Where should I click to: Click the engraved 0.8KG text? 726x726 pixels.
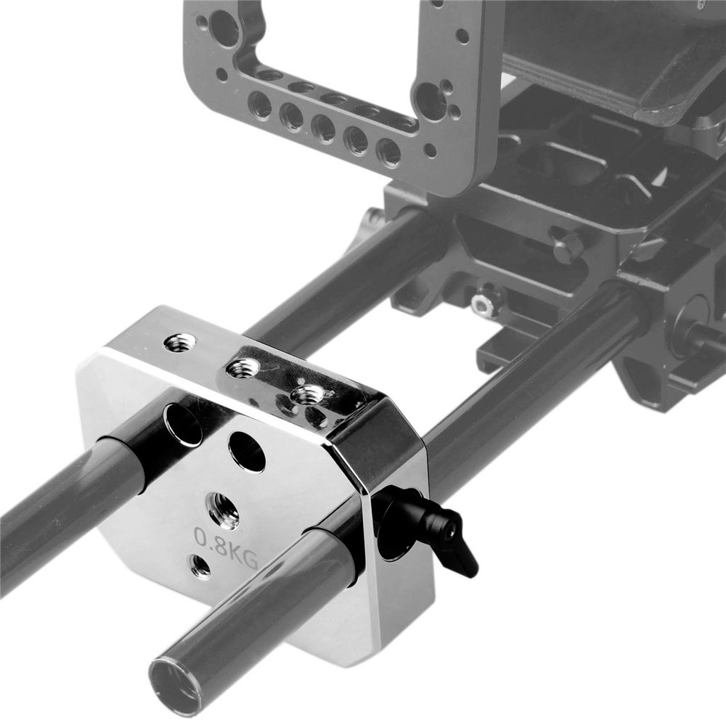[x=226, y=548]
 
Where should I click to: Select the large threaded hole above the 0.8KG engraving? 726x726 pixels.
[x=222, y=510]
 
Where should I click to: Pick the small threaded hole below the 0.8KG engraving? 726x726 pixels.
[x=200, y=566]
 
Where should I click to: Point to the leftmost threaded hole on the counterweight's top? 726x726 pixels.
[x=179, y=343]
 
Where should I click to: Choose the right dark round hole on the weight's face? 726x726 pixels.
[x=248, y=452]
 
